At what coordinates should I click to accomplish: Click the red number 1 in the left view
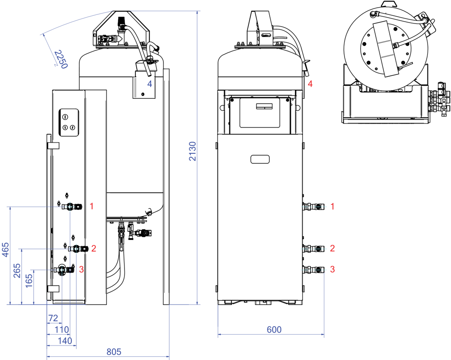92,207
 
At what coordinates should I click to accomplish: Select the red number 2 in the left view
94,249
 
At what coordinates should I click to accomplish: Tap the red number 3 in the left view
81,269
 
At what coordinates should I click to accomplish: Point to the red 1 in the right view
332,207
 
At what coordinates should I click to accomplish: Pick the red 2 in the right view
332,249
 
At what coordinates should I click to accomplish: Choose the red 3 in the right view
332,269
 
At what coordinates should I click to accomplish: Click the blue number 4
150,84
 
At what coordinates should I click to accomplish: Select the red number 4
310,84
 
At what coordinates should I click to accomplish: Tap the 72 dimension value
53,318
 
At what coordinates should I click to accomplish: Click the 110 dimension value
62,329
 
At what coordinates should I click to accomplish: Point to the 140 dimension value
65,341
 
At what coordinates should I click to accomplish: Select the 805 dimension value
114,352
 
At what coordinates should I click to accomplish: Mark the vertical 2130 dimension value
193,151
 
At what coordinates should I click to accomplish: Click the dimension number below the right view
274,330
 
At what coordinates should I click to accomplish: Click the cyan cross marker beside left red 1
70,207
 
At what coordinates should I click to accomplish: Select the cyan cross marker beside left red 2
76,249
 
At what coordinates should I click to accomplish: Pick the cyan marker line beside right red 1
314,207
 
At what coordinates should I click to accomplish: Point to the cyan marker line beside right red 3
313,270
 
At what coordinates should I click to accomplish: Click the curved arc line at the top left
77,21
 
